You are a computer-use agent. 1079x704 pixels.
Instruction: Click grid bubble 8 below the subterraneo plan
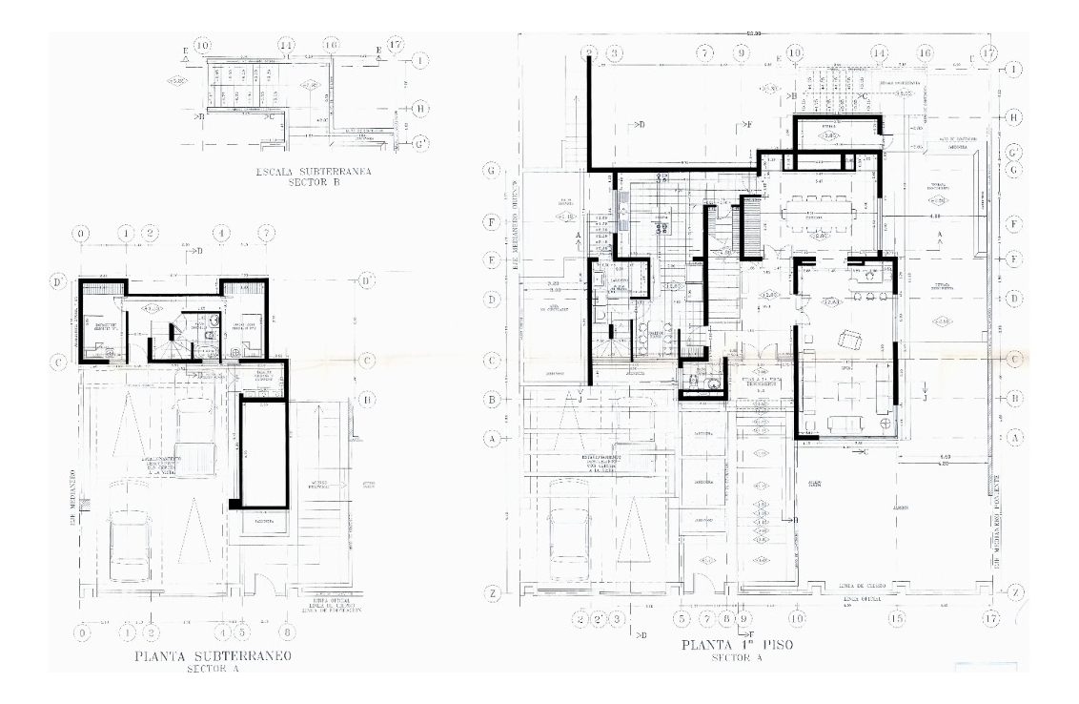tap(287, 632)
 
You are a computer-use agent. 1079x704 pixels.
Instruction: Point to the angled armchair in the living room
tap(846, 339)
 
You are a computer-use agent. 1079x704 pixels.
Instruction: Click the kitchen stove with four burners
tap(658, 227)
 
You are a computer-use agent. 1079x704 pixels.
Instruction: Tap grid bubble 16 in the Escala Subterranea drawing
tap(331, 46)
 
